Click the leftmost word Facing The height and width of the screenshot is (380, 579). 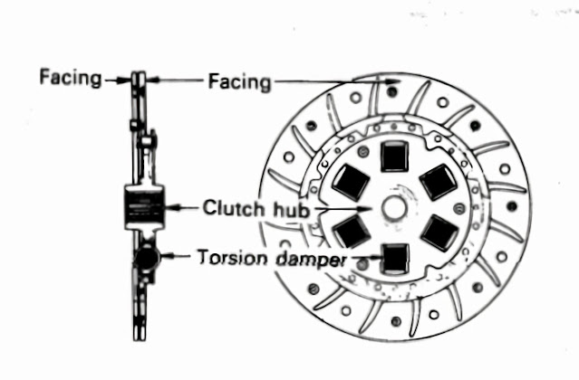[70, 78]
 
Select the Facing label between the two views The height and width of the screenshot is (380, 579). [239, 81]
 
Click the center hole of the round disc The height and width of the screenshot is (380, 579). [394, 207]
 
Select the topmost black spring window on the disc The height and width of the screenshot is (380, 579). [394, 156]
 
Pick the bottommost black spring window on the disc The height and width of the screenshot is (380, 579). [394, 259]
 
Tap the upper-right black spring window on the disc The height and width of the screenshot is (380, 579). [438, 183]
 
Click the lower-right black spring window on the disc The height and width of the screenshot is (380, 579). [439, 233]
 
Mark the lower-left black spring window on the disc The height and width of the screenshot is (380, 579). [349, 232]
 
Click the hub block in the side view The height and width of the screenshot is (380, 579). [142, 209]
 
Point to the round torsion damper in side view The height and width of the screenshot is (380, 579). [144, 261]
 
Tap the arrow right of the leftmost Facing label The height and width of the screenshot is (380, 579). [115, 79]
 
